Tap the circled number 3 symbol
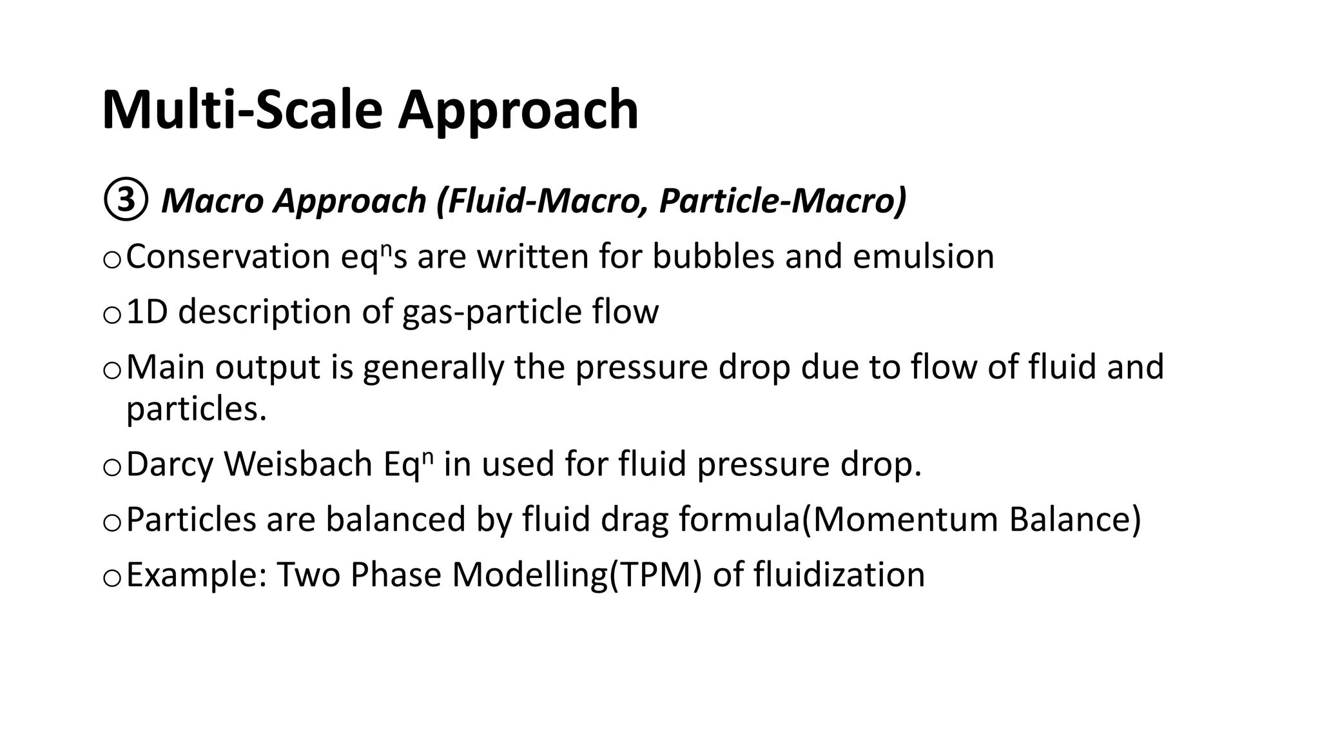pos(125,200)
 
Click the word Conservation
pos(228,257)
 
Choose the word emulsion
pos(924,257)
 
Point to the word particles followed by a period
pos(196,409)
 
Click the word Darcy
pos(170,465)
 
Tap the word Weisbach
pos(298,464)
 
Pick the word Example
pos(196,575)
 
